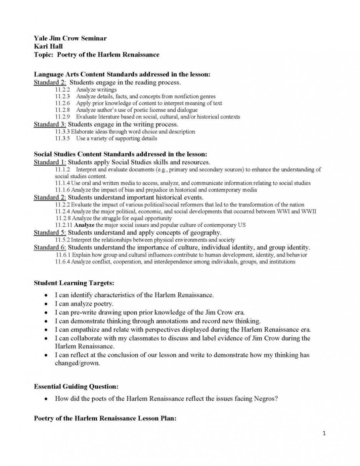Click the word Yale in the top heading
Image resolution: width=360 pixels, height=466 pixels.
point(40,39)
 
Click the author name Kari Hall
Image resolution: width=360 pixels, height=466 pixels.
point(48,46)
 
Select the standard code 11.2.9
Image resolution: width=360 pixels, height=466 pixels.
point(62,117)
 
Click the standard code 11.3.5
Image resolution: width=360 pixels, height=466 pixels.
point(62,138)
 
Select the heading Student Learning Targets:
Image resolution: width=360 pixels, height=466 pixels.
point(74,283)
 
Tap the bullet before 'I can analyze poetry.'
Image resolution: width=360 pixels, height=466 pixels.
point(46,304)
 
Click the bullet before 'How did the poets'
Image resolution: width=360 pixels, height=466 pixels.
point(46,399)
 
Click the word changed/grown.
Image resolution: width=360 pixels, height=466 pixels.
point(77,363)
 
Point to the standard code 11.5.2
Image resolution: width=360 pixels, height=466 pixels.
point(63,240)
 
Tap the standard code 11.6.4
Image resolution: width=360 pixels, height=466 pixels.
point(63,262)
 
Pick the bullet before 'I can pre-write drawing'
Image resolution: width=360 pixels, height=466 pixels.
point(46,312)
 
